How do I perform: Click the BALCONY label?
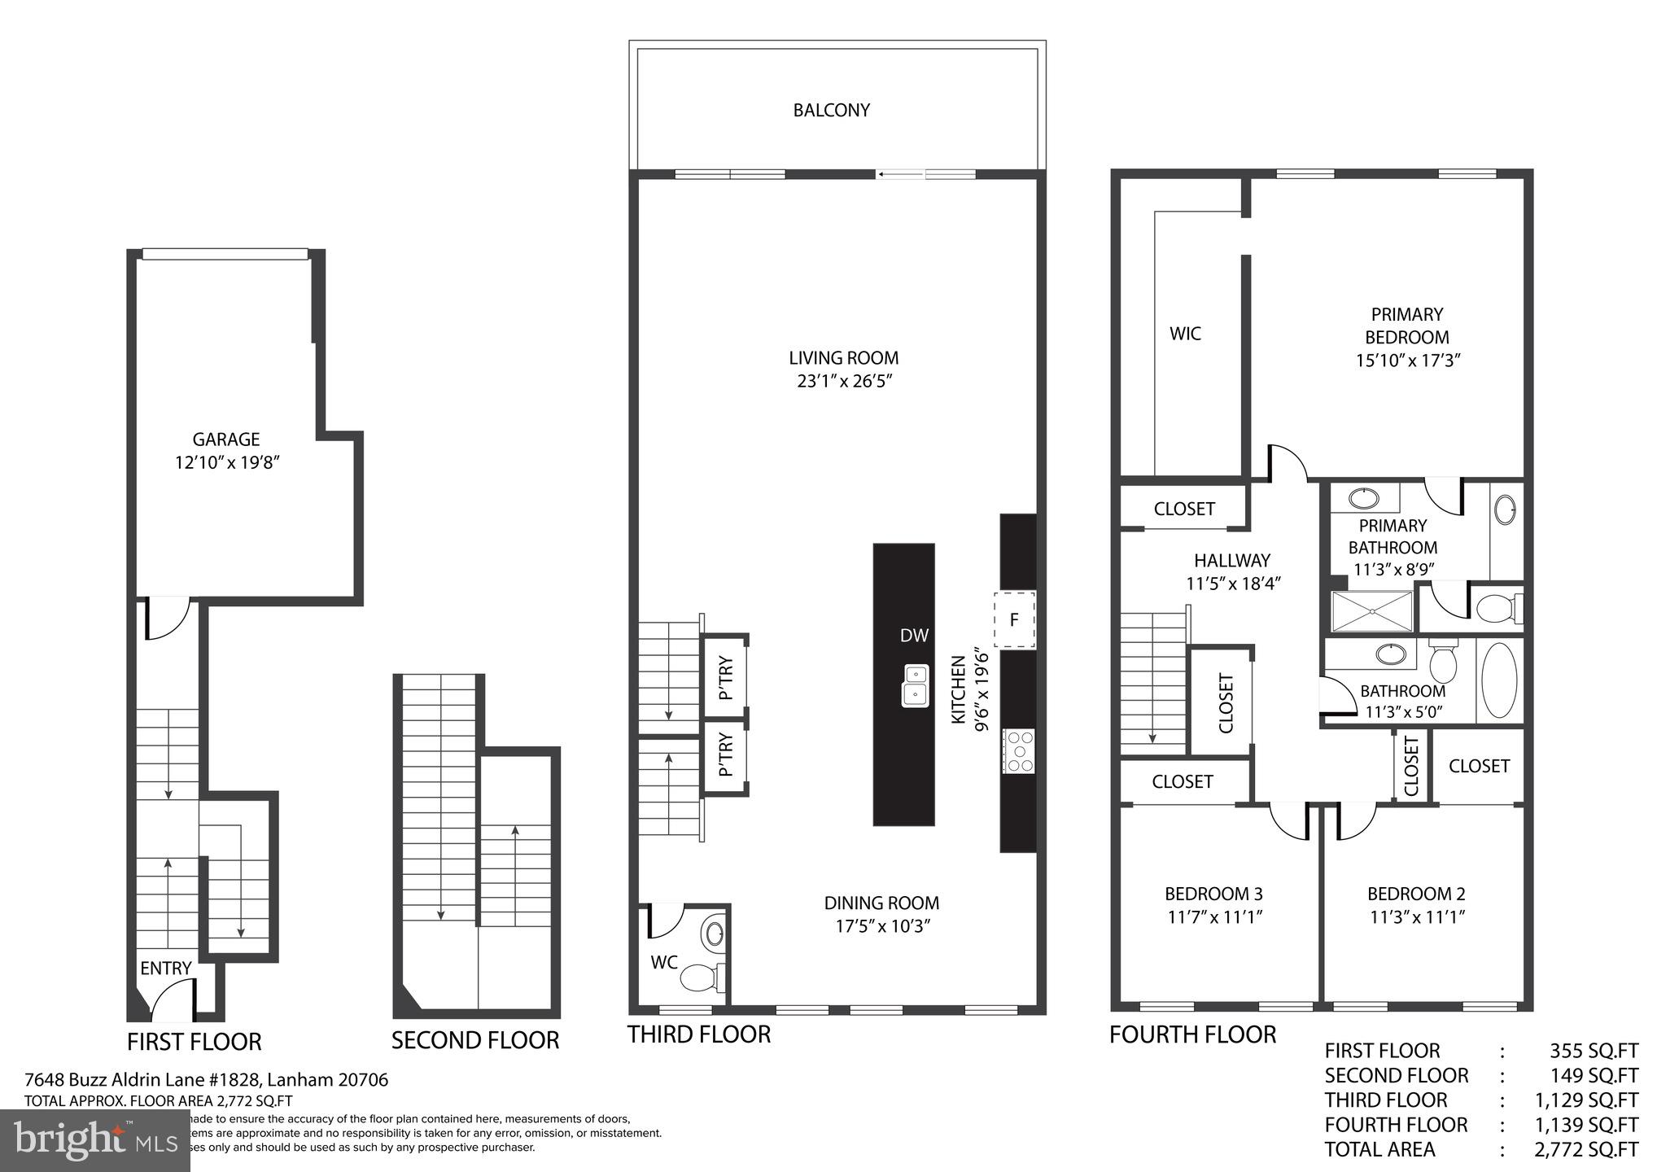tap(831, 110)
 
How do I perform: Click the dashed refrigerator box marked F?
tap(1015, 619)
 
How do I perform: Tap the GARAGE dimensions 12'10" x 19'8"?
tap(227, 463)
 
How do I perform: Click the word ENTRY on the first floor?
tap(166, 969)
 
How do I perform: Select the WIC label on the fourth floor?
tap(1185, 334)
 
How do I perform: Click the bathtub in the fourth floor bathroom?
tap(1499, 680)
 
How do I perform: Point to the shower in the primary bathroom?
tap(1372, 611)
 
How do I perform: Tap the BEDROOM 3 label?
tap(1213, 894)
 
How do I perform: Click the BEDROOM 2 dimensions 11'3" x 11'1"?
tap(1417, 917)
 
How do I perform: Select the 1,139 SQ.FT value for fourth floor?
tap(1586, 1125)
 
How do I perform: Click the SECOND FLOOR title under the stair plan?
tap(475, 1040)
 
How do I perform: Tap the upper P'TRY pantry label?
tap(726, 677)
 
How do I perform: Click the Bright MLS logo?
tap(95, 1141)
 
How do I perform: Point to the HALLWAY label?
tap(1232, 561)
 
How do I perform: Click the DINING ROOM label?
tap(881, 903)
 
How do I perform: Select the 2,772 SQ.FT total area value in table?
tap(1586, 1149)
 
